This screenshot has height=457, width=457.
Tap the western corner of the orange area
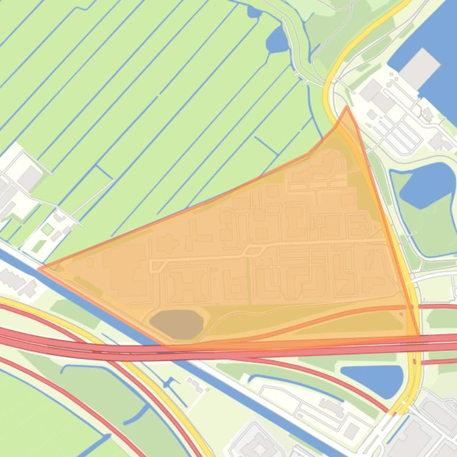click(39, 268)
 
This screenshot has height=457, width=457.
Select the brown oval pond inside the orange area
click(177, 323)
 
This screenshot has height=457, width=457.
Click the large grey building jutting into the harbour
click(420, 66)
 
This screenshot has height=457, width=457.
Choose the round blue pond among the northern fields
click(277, 40)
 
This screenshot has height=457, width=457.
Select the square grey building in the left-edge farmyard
click(29, 177)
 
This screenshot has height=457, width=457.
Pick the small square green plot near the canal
click(47, 229)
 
